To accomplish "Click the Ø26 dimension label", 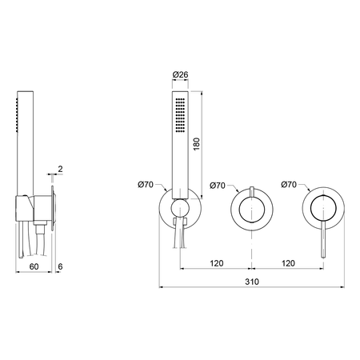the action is (180, 74).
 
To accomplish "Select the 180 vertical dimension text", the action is (196, 144).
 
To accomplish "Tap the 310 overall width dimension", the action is (252, 282).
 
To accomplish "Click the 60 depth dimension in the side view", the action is (34, 266).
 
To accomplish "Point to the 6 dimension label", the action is (60, 266).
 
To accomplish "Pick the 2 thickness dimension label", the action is (60, 169).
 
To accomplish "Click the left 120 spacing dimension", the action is (217, 263).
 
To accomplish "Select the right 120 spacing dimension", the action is (288, 263).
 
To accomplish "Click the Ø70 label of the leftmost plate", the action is (146, 184).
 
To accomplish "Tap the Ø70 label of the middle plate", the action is (218, 186).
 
